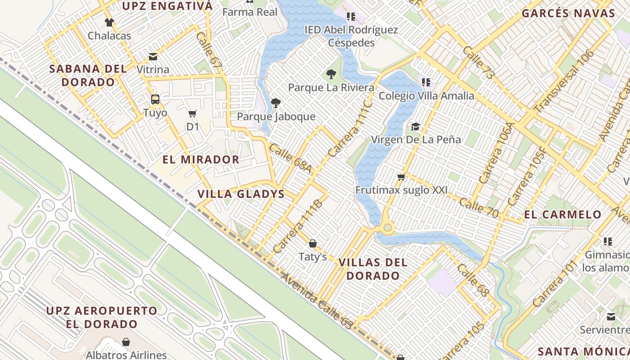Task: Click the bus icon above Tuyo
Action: pyautogui.click(x=155, y=99)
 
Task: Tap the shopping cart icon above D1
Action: pyautogui.click(x=193, y=113)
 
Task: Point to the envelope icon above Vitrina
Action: pyautogui.click(x=153, y=57)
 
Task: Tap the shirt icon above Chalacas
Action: pyautogui.click(x=109, y=22)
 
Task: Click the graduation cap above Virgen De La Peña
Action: pyautogui.click(x=415, y=126)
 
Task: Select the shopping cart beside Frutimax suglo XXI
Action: pyautogui.click(x=401, y=177)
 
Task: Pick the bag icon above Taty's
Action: pyautogui.click(x=313, y=243)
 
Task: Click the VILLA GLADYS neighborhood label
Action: pyautogui.click(x=241, y=194)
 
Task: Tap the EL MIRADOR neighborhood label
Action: pyautogui.click(x=201, y=159)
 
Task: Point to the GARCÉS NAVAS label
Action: pyautogui.click(x=568, y=13)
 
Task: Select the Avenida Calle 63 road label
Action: pyautogui.click(x=316, y=300)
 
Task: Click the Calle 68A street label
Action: pyautogui.click(x=290, y=158)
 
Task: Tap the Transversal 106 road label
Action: pyautogui.click(x=564, y=81)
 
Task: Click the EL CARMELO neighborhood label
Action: pyautogui.click(x=563, y=214)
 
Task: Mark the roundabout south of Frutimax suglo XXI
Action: pyautogui.click(x=387, y=228)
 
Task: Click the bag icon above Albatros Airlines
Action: pyautogui.click(x=126, y=342)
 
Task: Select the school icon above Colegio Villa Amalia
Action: pyautogui.click(x=426, y=82)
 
